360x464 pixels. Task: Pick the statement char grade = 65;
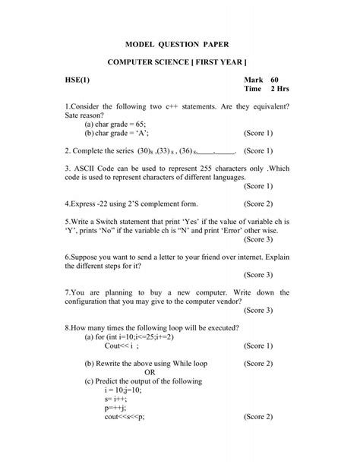pos(115,122)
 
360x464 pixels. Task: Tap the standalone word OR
pos(150,373)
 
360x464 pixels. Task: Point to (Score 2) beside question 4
pos(258,204)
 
